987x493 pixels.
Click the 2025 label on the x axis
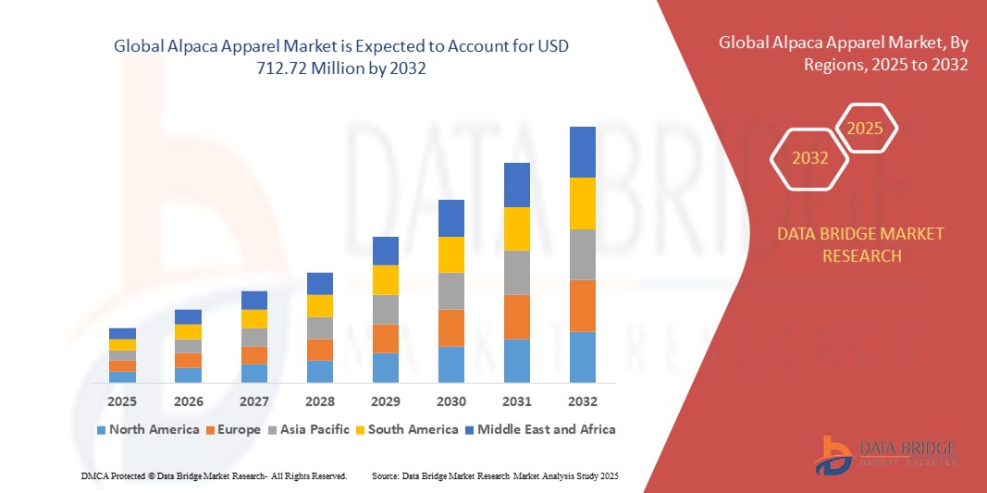tap(122, 401)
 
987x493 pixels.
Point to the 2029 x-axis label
tap(385, 401)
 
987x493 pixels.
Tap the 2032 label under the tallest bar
tap(582, 401)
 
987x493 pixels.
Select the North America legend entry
tap(147, 429)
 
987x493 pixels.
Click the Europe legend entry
tap(233, 429)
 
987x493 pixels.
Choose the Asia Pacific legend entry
tap(308, 429)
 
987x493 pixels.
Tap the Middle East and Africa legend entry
tap(541, 429)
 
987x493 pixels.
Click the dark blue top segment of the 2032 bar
tap(582, 152)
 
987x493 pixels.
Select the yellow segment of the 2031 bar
tap(516, 228)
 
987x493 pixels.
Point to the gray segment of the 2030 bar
tap(450, 290)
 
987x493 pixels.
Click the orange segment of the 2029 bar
tap(385, 338)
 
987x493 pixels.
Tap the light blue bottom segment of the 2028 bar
tap(319, 371)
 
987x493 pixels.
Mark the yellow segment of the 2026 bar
tap(188, 331)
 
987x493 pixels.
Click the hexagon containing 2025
tap(865, 129)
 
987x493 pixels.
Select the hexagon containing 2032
tap(809, 158)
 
